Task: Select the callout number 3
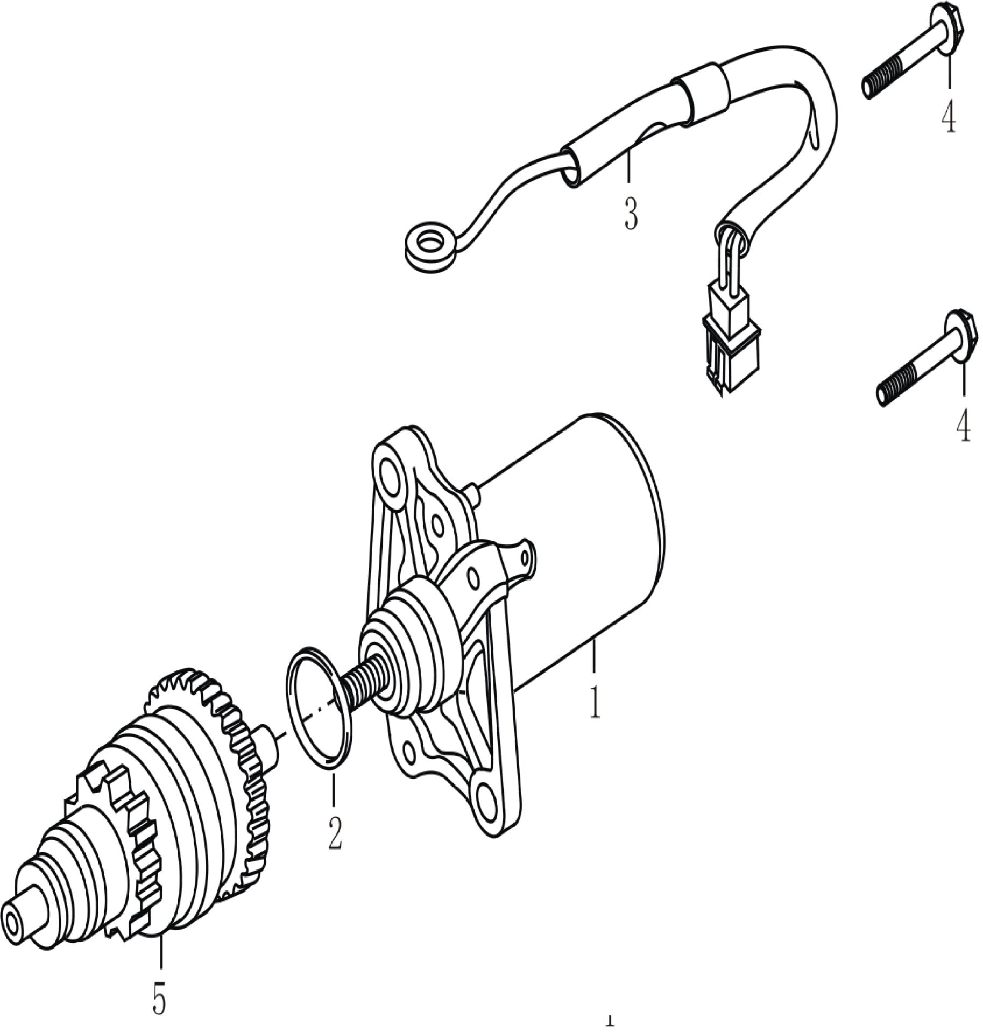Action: [x=630, y=214]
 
